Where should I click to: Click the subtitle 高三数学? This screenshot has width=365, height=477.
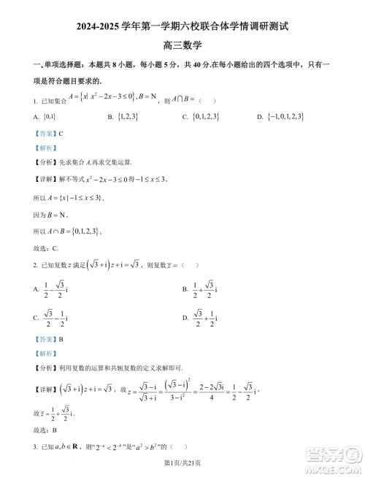tap(182, 47)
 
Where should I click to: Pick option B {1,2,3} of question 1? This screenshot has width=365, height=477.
tap(123, 116)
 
